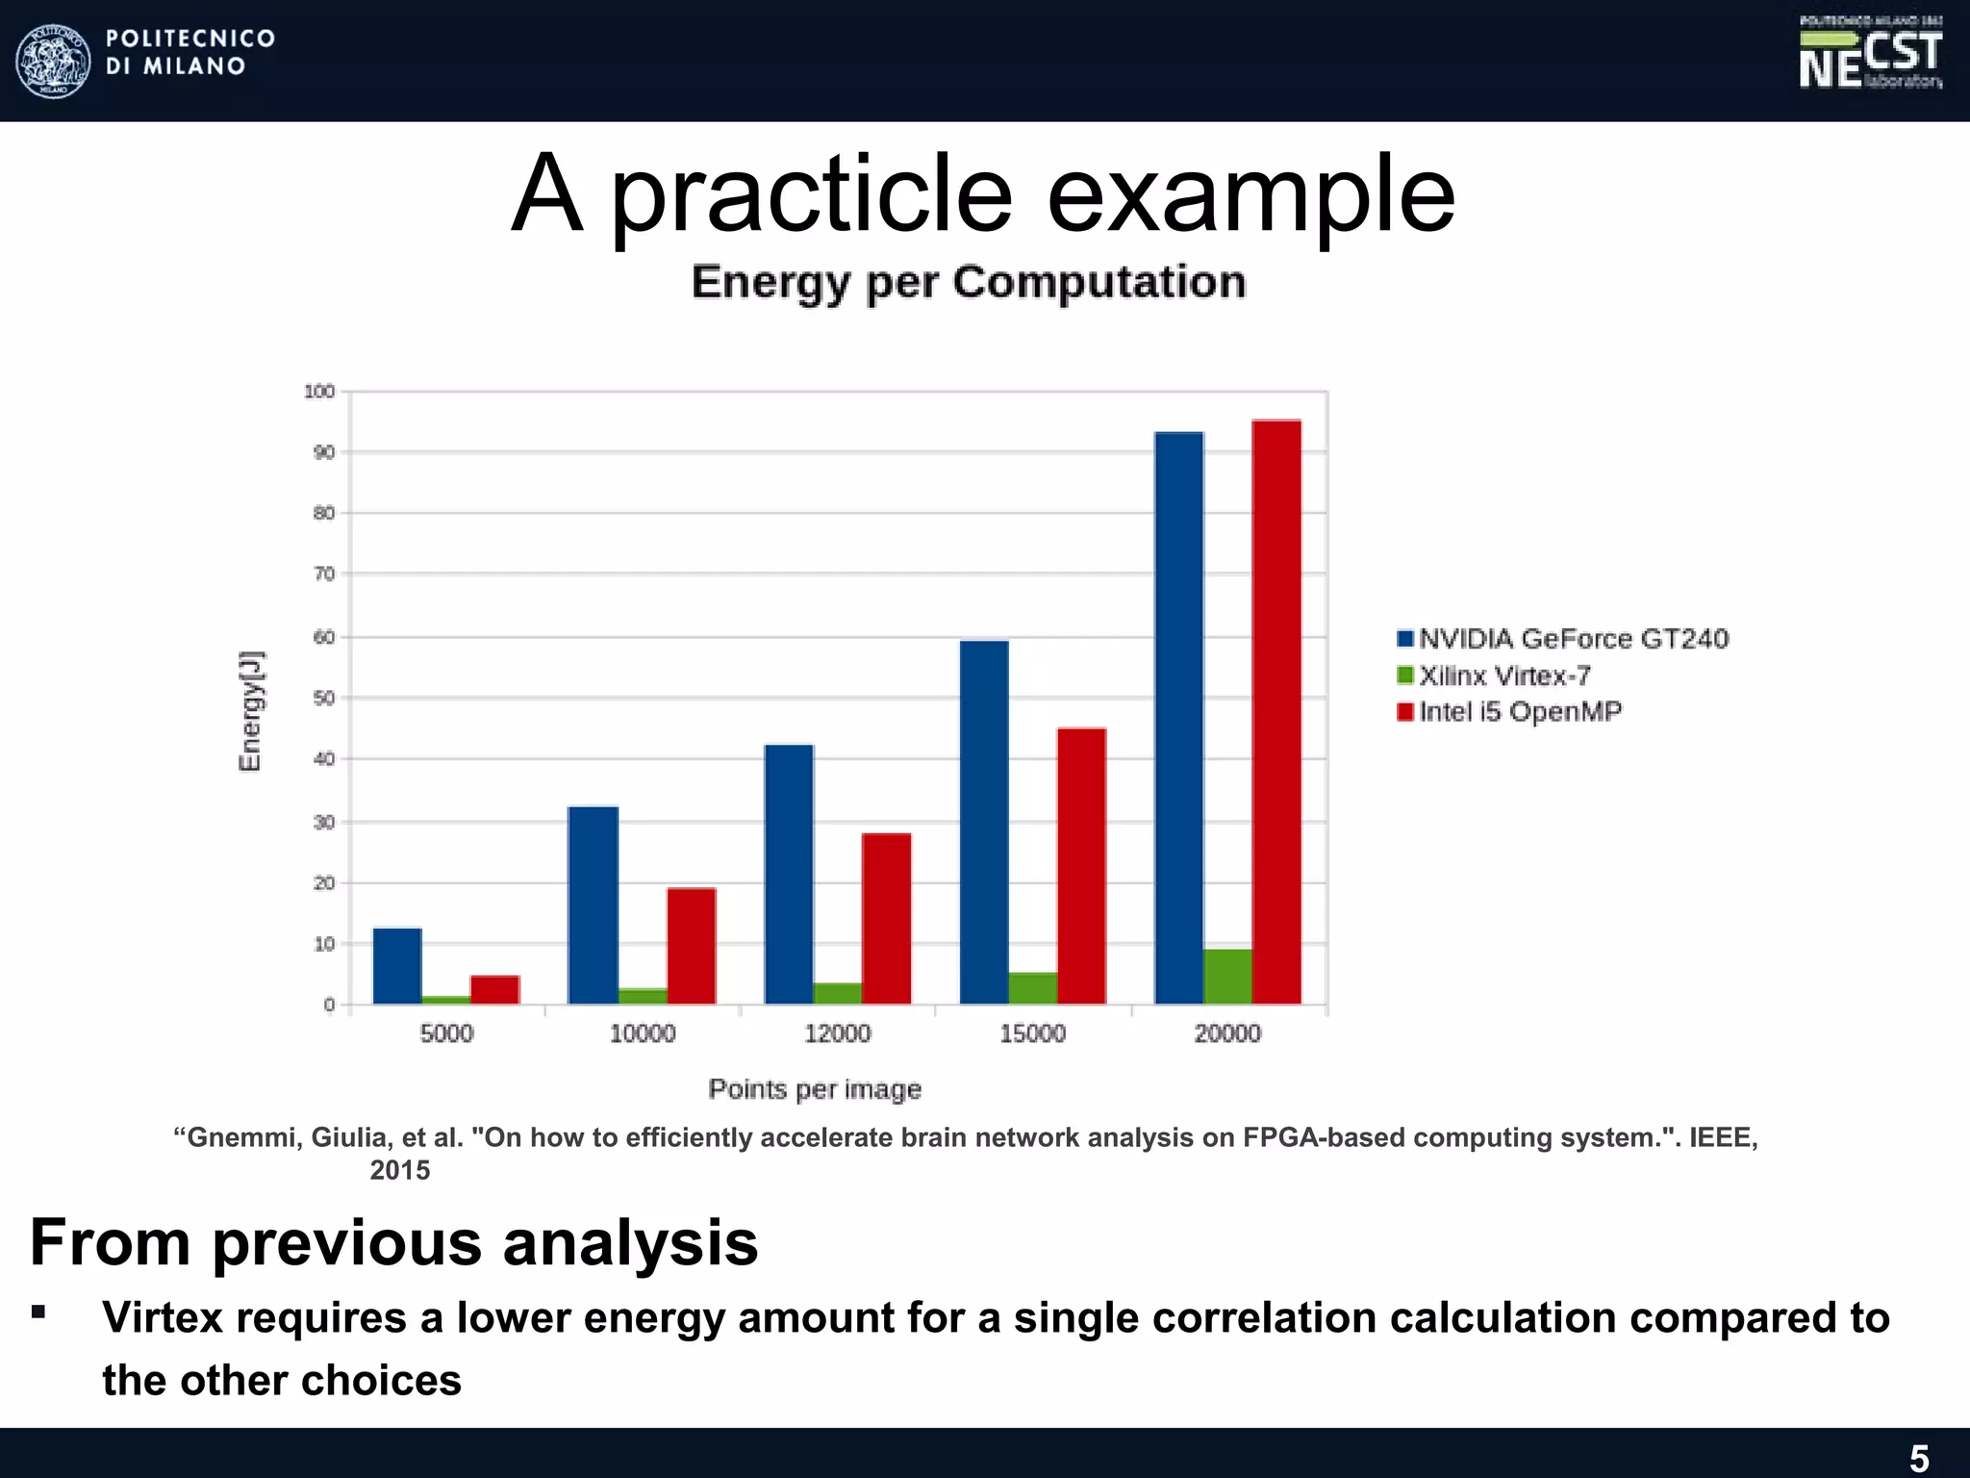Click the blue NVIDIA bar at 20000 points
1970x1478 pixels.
click(1178, 717)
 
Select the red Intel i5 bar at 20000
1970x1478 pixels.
click(1276, 712)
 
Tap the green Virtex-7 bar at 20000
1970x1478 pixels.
click(1227, 977)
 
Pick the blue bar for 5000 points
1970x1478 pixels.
click(397, 965)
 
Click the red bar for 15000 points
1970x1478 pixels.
click(1081, 866)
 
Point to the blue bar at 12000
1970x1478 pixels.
click(789, 874)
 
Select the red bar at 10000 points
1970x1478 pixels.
click(691, 945)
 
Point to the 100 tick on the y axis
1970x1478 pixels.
click(319, 392)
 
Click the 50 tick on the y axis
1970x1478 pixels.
click(323, 698)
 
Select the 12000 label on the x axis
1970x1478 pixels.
click(837, 1033)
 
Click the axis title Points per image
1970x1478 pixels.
click(815, 1089)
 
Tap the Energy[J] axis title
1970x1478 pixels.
click(250, 710)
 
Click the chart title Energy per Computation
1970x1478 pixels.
click(968, 283)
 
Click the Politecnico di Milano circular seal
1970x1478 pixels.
click(54, 61)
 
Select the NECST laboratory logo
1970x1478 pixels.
click(1870, 56)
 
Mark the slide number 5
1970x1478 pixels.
click(1918, 1459)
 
